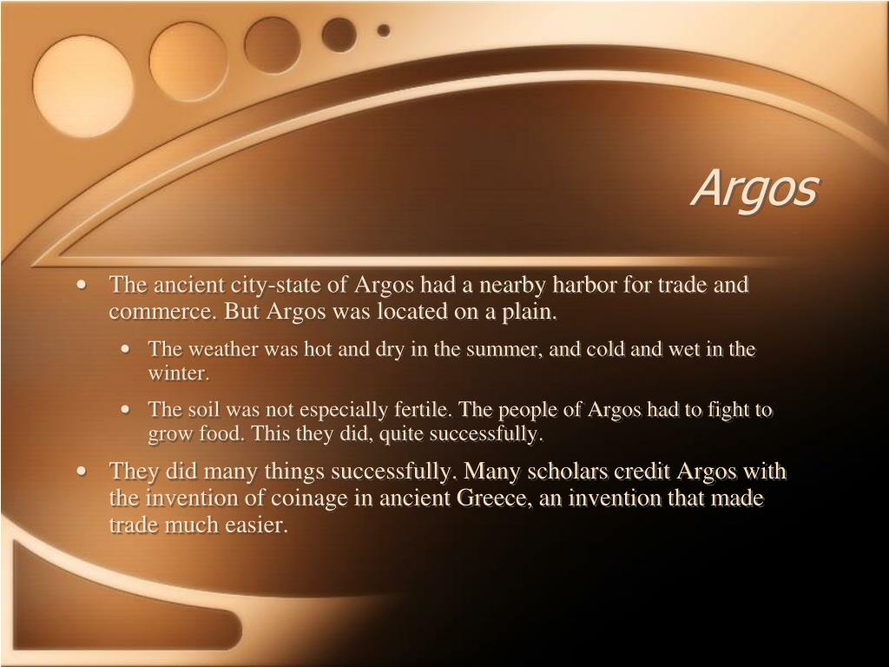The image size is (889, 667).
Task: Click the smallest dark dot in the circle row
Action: [x=383, y=30]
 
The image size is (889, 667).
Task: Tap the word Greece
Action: [x=490, y=499]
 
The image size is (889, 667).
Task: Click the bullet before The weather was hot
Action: [x=128, y=350]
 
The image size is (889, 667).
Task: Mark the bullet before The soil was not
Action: [x=128, y=410]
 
